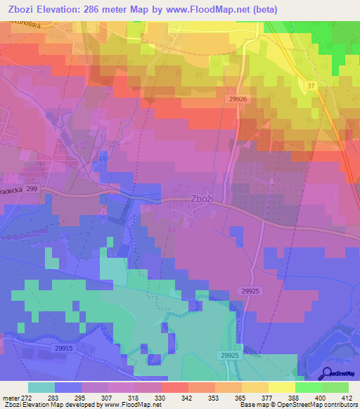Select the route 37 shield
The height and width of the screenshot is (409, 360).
click(x=310, y=85)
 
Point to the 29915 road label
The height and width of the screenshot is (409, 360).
click(x=63, y=348)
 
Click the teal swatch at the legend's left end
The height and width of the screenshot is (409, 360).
click(x=41, y=387)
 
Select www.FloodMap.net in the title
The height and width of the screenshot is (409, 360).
click(x=205, y=10)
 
